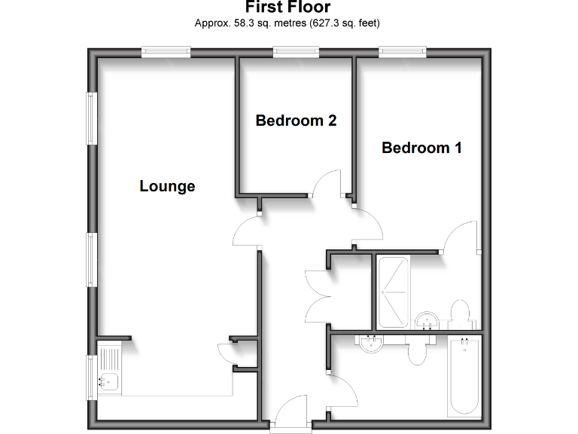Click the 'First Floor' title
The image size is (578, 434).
(288, 8)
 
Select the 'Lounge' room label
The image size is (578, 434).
(167, 186)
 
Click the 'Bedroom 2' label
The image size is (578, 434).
(295, 121)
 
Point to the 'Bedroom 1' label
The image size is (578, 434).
(421, 148)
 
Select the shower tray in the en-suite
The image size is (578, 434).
(392, 292)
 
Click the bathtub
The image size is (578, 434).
(464, 376)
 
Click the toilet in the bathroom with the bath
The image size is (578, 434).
(418, 350)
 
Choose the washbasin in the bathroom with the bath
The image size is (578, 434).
(370, 344)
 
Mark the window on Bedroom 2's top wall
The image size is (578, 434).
(296, 51)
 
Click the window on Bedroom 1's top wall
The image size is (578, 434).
(403, 51)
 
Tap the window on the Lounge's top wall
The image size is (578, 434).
(166, 51)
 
